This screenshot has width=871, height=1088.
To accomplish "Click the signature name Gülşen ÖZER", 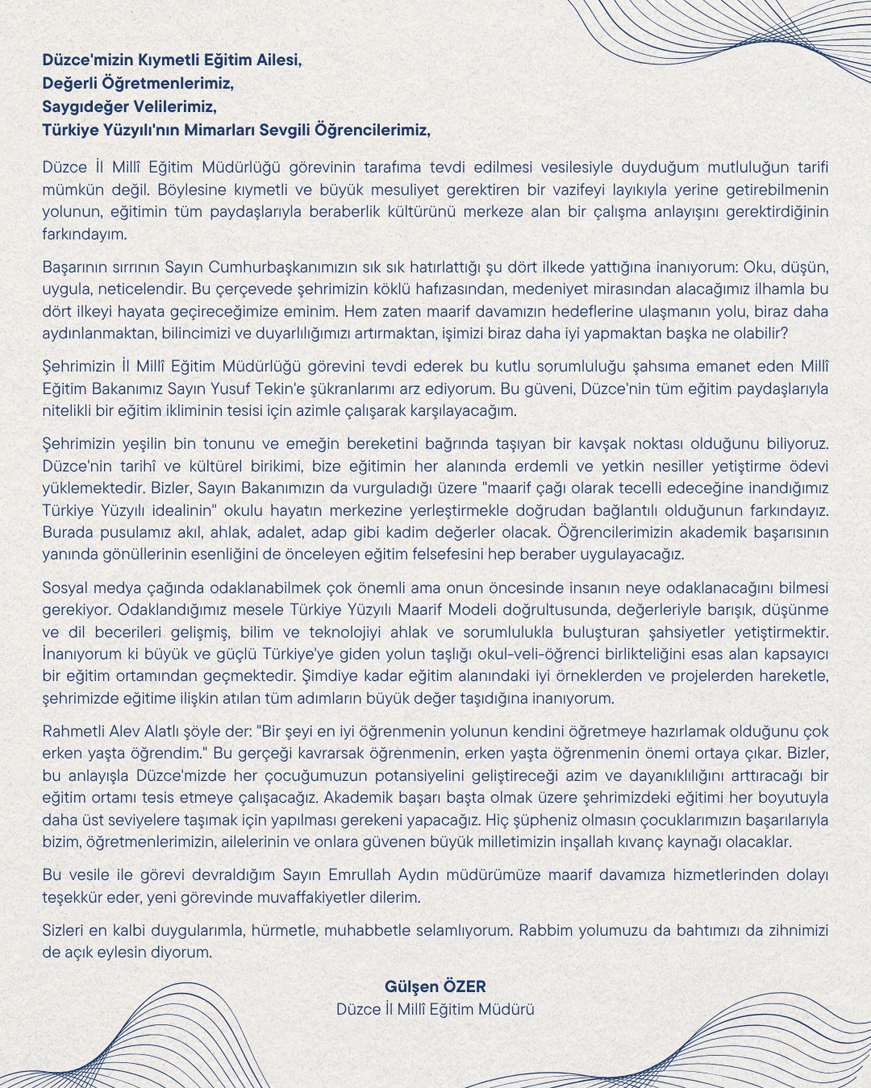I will [x=435, y=986].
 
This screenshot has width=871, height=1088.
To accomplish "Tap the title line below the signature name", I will [x=435, y=1009].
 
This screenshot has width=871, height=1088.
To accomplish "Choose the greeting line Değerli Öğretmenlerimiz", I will [x=137, y=83].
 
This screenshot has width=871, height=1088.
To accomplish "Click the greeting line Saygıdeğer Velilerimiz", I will [x=129, y=106].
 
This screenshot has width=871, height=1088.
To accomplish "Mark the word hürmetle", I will [x=282, y=931].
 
